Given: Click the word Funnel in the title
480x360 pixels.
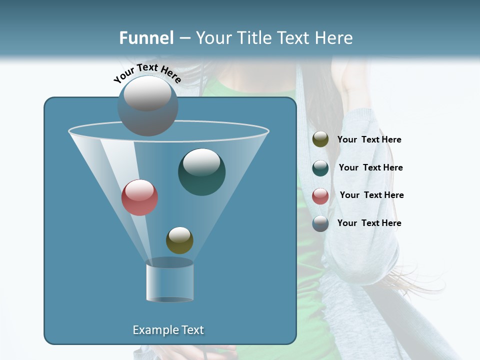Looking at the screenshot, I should click(146, 38).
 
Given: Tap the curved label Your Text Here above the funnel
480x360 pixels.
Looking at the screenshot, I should click(147, 73).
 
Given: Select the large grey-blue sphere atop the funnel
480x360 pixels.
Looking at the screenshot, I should click(148, 106).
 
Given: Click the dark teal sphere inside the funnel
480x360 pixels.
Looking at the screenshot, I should click(202, 172).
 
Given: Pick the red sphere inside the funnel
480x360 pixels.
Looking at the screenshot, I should click(140, 197).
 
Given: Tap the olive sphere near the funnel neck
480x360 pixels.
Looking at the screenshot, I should click(179, 240).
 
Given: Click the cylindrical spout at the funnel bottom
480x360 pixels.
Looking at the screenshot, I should click(170, 281).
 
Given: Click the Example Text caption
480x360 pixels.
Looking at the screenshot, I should click(168, 330).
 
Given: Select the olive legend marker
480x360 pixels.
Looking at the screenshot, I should click(320, 139).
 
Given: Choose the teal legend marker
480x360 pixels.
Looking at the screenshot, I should click(320, 168).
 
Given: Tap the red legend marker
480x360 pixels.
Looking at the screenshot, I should click(320, 196).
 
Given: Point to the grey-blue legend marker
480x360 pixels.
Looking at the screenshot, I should click(320, 223).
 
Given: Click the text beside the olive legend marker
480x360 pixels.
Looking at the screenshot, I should click(369, 140).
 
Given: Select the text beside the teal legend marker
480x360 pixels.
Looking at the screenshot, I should click(370, 167).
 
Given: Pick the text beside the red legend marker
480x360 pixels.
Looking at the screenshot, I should click(371, 195).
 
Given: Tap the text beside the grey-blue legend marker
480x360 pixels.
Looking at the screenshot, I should click(369, 223).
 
